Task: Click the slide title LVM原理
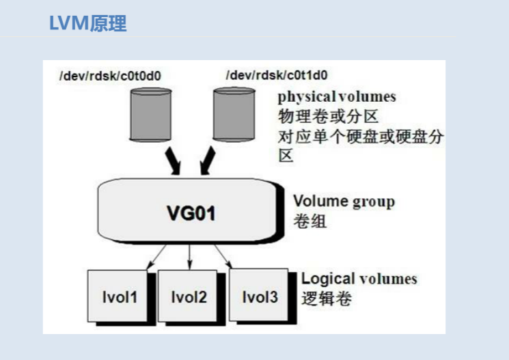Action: [x=87, y=23]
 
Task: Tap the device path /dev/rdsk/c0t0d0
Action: [x=109, y=76]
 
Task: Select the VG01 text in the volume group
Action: [x=191, y=213]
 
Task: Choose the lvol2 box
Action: [x=188, y=296]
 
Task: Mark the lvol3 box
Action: [x=259, y=296]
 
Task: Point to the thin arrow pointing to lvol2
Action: [x=189, y=257]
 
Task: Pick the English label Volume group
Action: [x=344, y=202]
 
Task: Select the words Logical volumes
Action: [x=359, y=279]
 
